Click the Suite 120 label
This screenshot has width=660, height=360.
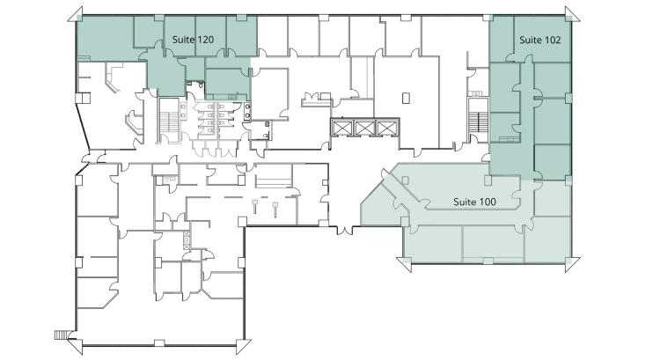pos(194,40)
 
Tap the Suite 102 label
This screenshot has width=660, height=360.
pos(540,40)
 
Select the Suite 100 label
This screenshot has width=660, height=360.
pos(475,202)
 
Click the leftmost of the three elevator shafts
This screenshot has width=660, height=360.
pos(341,128)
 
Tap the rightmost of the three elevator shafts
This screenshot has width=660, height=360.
pos(386,128)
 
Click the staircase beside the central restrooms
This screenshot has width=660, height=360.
pos(169,121)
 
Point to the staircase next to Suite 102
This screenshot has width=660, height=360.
pos(479,120)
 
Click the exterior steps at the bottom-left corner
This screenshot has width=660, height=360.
pos(61,334)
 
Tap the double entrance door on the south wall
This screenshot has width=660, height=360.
pos(345,231)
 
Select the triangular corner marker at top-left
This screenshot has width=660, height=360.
pos(75,14)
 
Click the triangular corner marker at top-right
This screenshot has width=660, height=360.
pos(573,14)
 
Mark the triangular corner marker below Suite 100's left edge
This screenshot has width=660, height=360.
pos(404,264)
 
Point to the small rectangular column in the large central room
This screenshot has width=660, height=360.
pos(406,98)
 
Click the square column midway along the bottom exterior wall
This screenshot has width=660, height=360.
pos(159,343)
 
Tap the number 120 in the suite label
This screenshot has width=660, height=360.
pos(205,40)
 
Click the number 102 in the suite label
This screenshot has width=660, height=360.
pos(553,40)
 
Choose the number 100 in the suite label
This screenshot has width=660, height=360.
pos(488,202)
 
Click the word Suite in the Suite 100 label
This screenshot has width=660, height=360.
pos(465,202)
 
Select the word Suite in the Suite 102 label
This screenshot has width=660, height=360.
pos(531,40)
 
